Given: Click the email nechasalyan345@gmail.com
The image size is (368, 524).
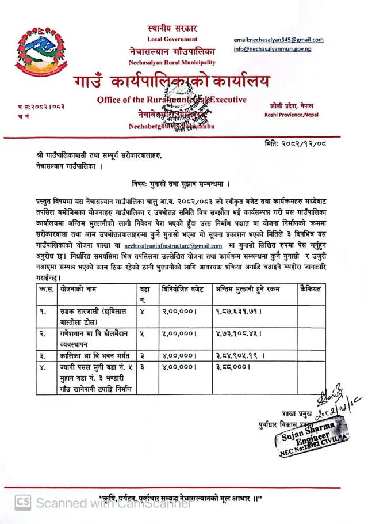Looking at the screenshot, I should click(x=278, y=40).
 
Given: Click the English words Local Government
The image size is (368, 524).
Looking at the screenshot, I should click(x=172, y=39).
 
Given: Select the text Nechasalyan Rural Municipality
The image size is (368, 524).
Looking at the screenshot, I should click(x=172, y=62).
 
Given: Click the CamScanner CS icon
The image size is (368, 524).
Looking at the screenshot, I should click(x=22, y=503).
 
